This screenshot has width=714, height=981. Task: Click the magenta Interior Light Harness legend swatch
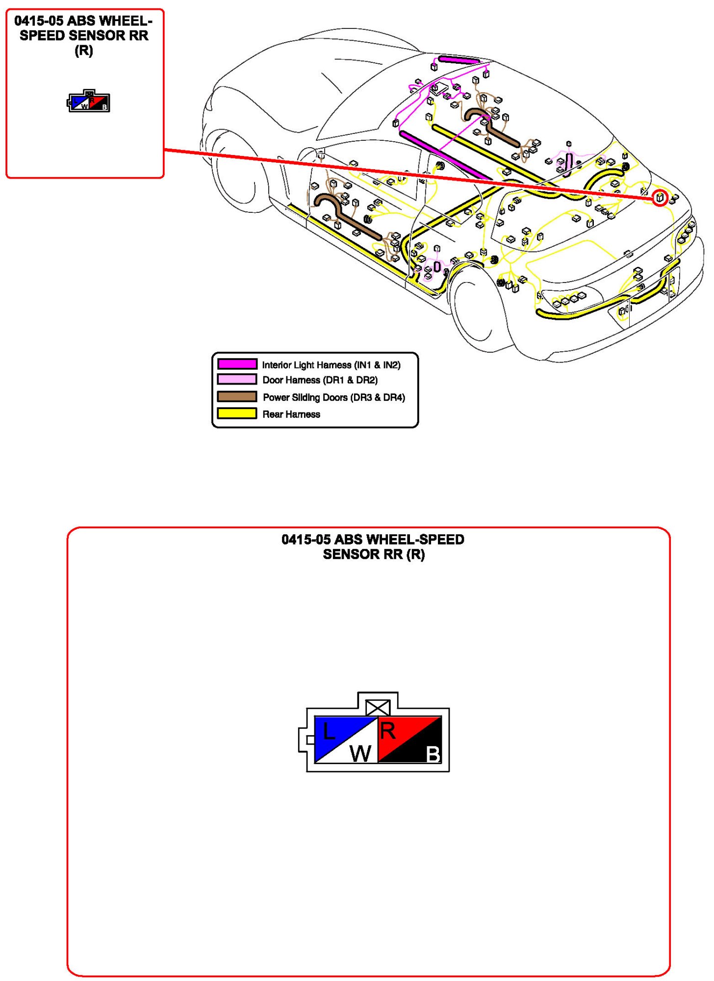click(237, 364)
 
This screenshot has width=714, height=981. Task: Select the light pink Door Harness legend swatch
click(237, 379)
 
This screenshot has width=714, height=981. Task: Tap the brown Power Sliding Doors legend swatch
click(237, 396)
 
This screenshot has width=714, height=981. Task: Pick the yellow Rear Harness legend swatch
click(237, 413)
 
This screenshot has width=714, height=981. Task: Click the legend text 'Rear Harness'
click(291, 414)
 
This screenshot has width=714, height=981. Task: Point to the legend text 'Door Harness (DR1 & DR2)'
click(320, 380)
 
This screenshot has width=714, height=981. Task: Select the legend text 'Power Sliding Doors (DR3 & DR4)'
click(334, 397)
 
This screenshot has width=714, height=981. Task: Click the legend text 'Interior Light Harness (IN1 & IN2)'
click(331, 365)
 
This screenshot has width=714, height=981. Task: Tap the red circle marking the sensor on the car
click(660, 198)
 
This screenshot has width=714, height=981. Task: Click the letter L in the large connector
click(329, 732)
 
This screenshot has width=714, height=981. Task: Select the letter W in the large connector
click(360, 753)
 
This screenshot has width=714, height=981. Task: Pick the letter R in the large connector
click(388, 731)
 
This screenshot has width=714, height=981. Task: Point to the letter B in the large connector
click(433, 754)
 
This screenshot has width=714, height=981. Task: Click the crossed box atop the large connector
click(378, 707)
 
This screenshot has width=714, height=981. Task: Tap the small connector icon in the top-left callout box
click(89, 102)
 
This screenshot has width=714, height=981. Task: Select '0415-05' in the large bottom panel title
click(306, 540)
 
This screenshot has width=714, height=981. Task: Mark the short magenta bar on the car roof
click(459, 60)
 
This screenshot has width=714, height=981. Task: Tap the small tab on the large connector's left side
click(310, 739)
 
